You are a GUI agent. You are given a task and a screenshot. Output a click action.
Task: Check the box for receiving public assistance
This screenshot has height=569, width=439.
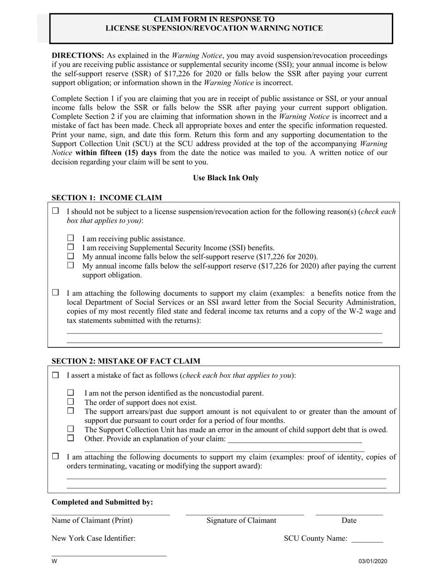point(71,238)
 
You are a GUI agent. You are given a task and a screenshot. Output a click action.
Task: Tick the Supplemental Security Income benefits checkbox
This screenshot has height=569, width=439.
point(71,247)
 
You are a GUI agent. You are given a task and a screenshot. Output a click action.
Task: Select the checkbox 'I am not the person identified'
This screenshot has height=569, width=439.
point(71,392)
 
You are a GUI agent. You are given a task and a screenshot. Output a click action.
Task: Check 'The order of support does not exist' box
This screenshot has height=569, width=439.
point(71,402)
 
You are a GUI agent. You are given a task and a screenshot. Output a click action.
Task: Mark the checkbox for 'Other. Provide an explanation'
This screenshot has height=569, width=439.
point(71,438)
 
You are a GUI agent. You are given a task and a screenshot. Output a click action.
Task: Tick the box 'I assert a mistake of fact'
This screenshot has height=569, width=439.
point(55,375)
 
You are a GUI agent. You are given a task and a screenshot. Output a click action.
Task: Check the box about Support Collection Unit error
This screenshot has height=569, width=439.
point(71,429)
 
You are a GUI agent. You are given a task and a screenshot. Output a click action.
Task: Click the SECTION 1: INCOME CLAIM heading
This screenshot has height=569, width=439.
point(107,198)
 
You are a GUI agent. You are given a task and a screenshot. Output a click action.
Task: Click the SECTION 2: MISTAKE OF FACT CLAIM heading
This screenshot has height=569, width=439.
point(126,361)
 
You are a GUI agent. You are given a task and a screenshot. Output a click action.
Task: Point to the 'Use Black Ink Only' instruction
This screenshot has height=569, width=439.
point(226,178)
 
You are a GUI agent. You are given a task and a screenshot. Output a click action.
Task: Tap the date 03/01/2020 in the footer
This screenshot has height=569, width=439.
point(372,561)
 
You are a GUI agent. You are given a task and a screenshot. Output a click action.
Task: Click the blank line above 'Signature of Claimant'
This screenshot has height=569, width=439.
point(244,513)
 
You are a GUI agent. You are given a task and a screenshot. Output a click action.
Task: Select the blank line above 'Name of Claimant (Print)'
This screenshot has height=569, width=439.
point(110,513)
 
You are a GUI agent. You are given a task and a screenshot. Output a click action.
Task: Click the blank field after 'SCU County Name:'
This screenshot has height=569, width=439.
point(367,539)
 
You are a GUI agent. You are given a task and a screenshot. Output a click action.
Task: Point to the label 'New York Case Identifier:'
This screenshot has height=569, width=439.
point(93,538)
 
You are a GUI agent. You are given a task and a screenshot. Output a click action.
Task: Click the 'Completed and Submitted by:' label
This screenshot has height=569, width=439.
point(102,502)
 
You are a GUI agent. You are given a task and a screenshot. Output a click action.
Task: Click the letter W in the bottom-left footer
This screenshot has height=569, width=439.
point(54,561)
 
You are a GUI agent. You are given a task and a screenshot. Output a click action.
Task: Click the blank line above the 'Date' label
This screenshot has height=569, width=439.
point(349,513)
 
